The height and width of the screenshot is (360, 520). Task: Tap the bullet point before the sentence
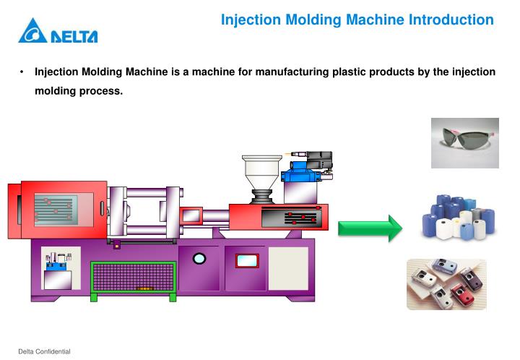pos(22,72)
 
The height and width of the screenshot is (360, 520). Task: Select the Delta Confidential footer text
pos(44,351)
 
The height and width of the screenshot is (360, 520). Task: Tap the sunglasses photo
pos(464,143)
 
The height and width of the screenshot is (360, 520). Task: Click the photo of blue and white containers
pos(458,218)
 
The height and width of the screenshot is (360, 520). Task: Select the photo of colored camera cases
pos(446,284)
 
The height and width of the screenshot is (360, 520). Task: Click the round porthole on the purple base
pos(199,258)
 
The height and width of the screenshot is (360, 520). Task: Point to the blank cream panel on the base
pos(288,267)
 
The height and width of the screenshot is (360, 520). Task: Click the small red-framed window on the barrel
pos(191,215)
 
